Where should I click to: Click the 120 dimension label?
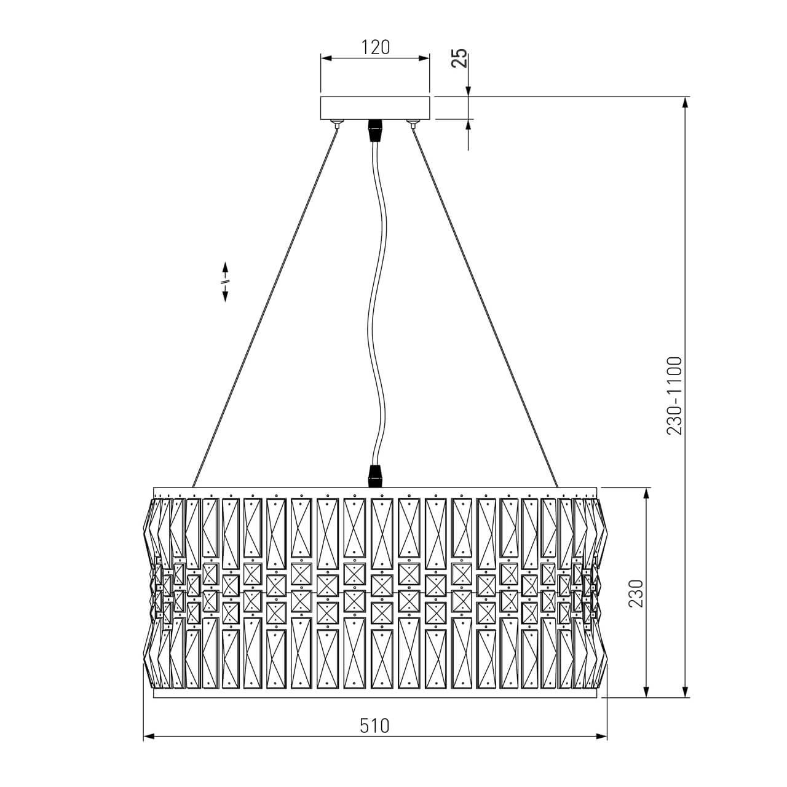tap(375, 47)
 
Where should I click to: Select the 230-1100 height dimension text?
tap(674, 396)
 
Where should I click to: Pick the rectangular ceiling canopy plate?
tap(375, 108)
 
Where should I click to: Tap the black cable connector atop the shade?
tap(376, 476)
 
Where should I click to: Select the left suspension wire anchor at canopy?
tap(337, 124)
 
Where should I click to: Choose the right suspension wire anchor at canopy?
tap(413, 124)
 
